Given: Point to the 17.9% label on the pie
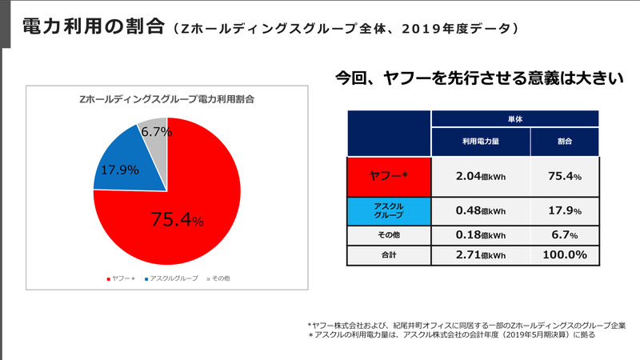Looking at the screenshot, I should coord(117,170).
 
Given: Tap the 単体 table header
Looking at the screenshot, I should coord(515,118).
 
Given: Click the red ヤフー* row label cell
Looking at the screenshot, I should coord(389,176).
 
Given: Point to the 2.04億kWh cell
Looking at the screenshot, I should coord(480,176).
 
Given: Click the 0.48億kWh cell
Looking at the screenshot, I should coord(480,211).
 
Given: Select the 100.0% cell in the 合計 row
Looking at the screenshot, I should coord(564,255).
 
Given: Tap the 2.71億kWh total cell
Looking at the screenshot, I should coord(480,255).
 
